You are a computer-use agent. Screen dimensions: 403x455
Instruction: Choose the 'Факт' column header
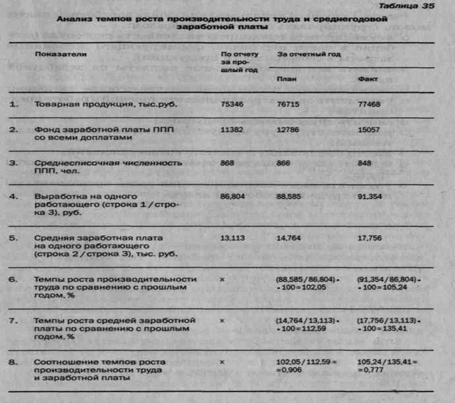coord(366,77)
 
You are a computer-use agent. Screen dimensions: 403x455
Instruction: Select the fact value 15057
coord(369,130)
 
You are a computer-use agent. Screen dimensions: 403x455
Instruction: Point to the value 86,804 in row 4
coord(235,197)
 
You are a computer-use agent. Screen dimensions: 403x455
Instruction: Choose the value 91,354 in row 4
coord(370,197)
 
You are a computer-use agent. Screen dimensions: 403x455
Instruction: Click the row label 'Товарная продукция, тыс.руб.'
coord(89,105)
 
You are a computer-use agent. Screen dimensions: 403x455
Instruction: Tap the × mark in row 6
coord(224,279)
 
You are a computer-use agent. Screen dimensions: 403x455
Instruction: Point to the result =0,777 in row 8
coord(367,370)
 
